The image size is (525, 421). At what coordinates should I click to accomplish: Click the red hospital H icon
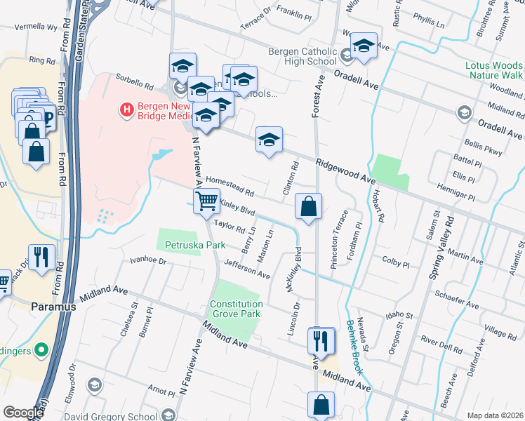(127, 109)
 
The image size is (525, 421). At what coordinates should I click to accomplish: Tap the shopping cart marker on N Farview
(207, 202)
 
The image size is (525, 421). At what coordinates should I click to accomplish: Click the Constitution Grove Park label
(235, 309)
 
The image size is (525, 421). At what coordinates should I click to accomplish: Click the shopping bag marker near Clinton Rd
(308, 207)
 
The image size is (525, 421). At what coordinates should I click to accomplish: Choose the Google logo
(23, 413)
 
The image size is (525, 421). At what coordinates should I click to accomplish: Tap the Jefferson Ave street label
(247, 269)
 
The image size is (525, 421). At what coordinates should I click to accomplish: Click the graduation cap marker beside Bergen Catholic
(364, 47)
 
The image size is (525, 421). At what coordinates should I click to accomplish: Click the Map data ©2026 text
(495, 415)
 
